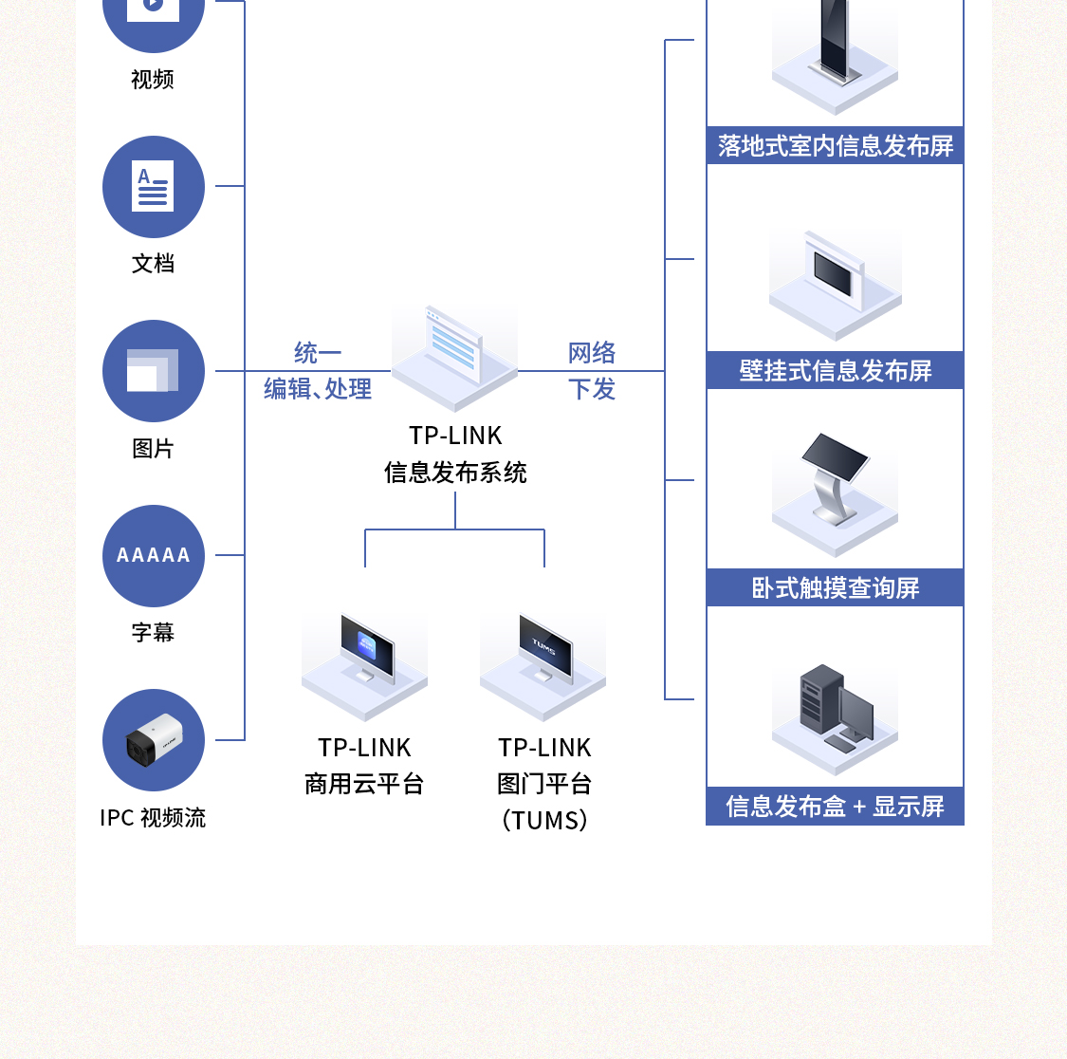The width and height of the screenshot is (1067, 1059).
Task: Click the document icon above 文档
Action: pos(153,187)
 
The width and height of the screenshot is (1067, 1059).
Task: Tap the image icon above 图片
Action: pos(153,371)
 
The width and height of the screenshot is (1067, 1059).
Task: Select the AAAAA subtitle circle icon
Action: pos(153,555)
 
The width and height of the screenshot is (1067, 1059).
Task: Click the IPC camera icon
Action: pos(153,740)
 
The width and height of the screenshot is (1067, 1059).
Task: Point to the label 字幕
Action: pos(153,632)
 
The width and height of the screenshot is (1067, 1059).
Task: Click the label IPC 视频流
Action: pos(153,817)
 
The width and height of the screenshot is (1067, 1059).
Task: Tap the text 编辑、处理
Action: pos(317,389)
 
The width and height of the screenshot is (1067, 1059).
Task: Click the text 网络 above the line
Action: pos(592,353)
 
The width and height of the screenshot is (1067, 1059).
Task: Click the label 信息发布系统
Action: pos(455,473)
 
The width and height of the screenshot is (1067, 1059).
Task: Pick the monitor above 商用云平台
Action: pos(366,647)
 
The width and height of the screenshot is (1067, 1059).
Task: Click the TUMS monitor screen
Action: pos(545,646)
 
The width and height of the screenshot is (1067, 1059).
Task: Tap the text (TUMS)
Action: pos(544,820)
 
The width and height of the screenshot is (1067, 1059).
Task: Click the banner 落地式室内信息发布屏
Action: pos(835,146)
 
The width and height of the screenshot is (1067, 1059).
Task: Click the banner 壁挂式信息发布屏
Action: pos(835,370)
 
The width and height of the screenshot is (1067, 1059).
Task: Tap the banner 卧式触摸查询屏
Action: pos(835,588)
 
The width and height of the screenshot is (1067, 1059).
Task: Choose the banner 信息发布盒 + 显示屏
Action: pos(835,807)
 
